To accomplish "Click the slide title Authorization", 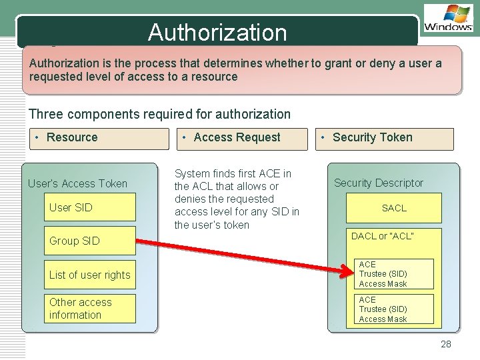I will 217,32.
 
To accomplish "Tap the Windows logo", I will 448,18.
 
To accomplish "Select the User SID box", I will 90,207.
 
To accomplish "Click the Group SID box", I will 90,241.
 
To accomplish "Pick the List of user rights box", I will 90,275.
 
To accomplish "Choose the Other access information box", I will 90,309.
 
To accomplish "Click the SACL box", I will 394,208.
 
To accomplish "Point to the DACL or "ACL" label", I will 383,236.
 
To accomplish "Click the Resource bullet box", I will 97,138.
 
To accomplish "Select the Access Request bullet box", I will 242,138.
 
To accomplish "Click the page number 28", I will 446,344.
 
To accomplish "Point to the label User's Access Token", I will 77,183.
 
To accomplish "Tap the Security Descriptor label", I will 379,183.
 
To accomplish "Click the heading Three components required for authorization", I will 160,114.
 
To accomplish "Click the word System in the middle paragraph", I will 192,173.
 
